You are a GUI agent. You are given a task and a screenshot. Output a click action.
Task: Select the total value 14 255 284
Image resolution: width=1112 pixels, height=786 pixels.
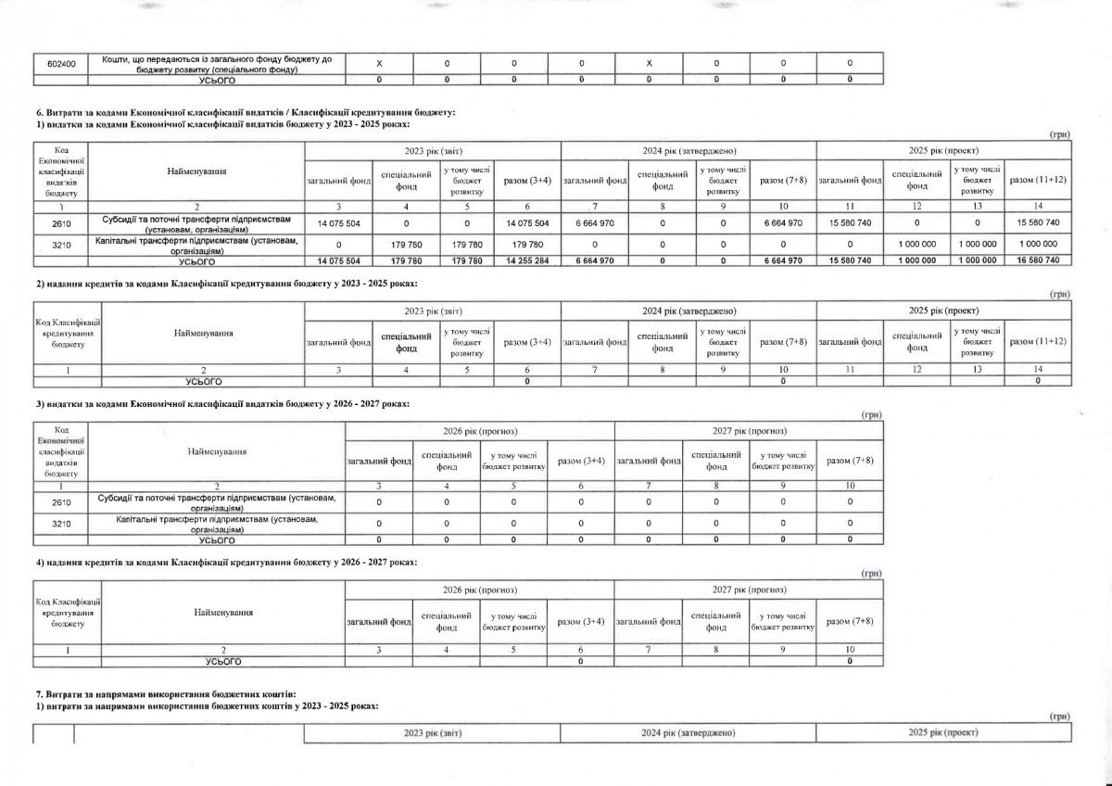pyautogui.click(x=528, y=261)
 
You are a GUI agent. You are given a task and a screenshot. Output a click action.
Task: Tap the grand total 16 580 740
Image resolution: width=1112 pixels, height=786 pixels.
pyautogui.click(x=1039, y=261)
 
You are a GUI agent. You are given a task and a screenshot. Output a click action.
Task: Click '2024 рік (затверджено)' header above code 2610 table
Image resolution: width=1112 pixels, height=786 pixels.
pyautogui.click(x=689, y=150)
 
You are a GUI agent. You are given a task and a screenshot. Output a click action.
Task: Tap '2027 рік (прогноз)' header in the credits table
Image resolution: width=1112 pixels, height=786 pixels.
pyautogui.click(x=749, y=589)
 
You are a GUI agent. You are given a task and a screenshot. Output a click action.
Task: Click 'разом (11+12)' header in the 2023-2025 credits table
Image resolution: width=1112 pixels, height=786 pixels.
pyautogui.click(x=1038, y=342)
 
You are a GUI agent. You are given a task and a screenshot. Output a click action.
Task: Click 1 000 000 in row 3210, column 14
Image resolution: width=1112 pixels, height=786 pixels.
pyautogui.click(x=1038, y=244)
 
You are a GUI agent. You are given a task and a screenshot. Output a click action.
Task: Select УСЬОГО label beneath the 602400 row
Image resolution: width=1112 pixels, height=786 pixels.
pyautogui.click(x=216, y=80)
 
